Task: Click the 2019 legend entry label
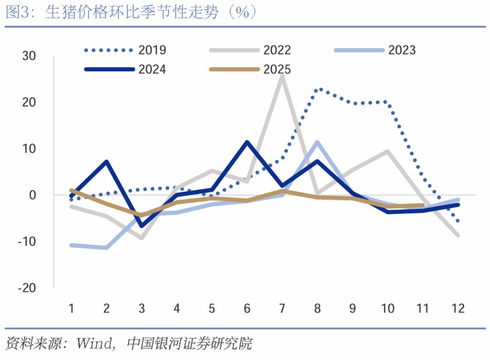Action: point(152,50)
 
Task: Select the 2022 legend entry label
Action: point(277,50)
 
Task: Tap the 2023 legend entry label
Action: point(402,50)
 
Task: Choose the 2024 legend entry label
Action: point(152,69)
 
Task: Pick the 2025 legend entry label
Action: point(277,69)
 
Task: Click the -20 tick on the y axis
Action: point(27,288)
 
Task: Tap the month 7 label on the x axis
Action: point(282,309)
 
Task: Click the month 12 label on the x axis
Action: point(458,309)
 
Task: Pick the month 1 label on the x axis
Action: point(71,309)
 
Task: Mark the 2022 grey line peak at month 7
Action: point(282,77)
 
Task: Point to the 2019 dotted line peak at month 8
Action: point(318,89)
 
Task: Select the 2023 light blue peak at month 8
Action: point(318,142)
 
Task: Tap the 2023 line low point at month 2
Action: point(107,248)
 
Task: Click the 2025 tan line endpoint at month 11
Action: point(423,205)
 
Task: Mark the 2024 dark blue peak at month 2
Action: point(107,162)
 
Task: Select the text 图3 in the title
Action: point(17,13)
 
